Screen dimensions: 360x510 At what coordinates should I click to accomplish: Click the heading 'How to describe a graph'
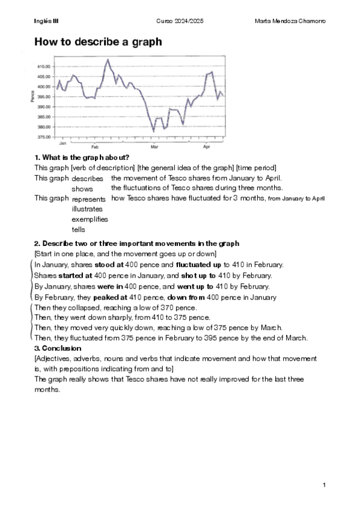(98, 42)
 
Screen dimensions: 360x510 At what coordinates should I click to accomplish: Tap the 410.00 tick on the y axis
(44, 67)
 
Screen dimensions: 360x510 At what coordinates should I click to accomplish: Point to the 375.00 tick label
(44, 138)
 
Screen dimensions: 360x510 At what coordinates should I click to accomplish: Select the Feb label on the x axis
(95, 147)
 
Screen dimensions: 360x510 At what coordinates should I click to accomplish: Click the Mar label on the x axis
(154, 147)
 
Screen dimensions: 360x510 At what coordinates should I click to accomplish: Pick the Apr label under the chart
(207, 147)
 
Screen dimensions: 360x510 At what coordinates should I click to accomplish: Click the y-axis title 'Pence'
(32, 96)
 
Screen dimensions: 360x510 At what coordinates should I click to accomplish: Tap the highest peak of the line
(108, 59)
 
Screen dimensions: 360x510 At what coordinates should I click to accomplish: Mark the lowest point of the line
(154, 131)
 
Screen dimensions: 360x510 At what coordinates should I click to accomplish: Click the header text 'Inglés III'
(46, 21)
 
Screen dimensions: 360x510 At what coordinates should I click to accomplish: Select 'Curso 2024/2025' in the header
(180, 21)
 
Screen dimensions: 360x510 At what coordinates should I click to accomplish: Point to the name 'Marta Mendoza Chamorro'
(290, 21)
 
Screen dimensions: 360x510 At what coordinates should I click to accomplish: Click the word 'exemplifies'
(90, 219)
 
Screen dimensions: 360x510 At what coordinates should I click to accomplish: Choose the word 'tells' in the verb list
(78, 229)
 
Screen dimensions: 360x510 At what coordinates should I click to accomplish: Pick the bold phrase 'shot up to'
(192, 275)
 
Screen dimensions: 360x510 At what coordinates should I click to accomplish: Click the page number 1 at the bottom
(324, 485)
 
